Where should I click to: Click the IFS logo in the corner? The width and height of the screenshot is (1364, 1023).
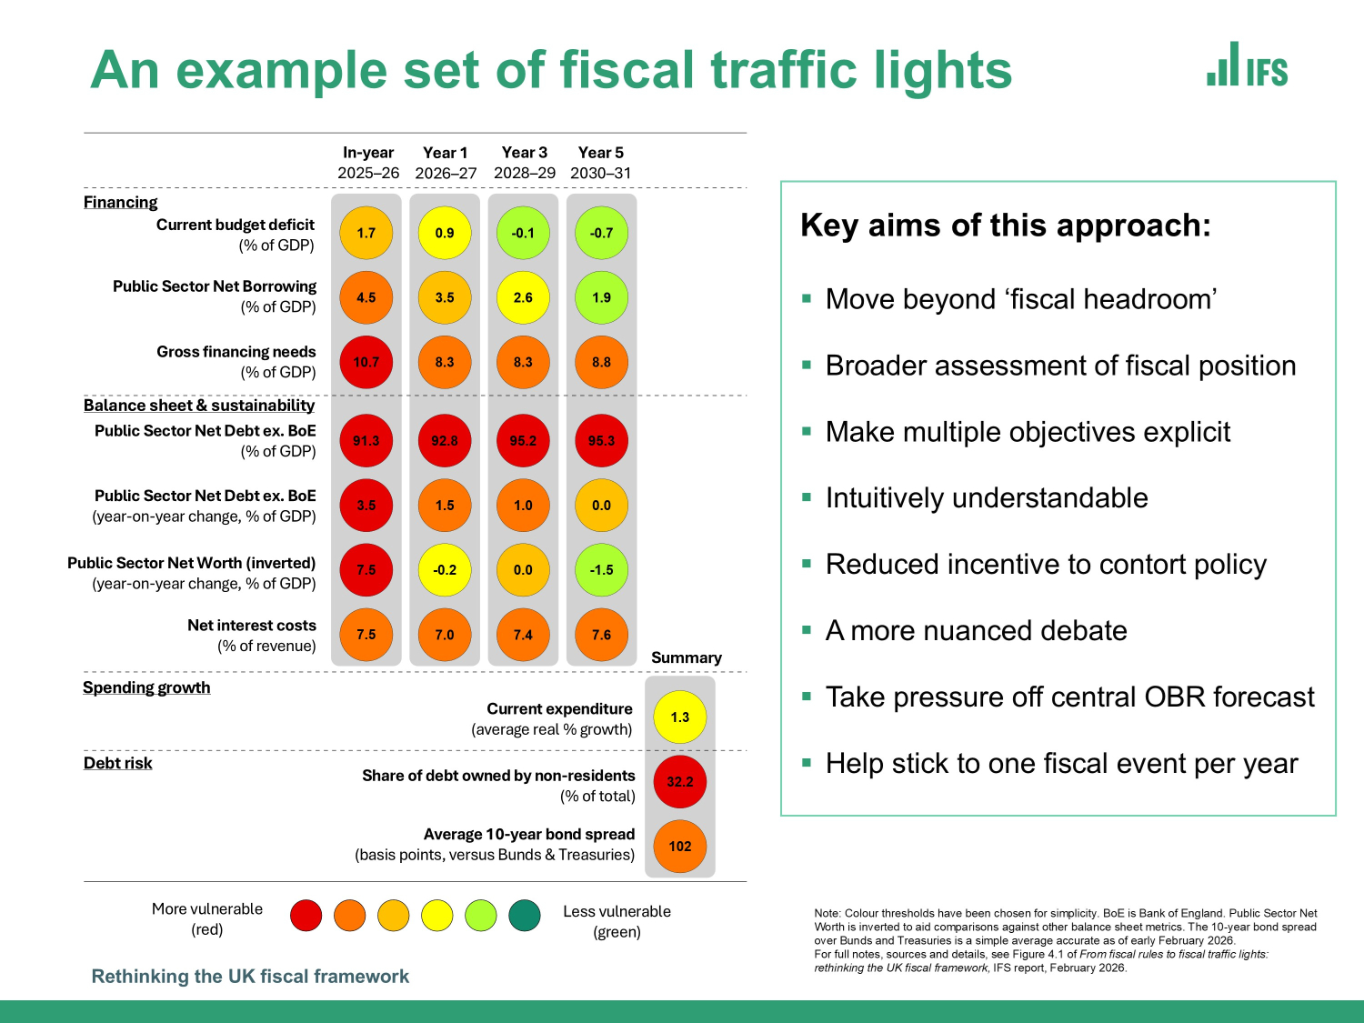coord(1248,65)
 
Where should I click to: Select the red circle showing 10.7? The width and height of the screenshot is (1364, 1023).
coord(366,362)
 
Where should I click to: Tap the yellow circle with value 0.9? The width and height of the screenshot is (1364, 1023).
coord(445,233)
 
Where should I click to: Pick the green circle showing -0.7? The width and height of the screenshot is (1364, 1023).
coord(601,233)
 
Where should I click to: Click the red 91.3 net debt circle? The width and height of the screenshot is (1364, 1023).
coord(366,441)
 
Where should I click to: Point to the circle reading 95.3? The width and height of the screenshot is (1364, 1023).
coord(601,441)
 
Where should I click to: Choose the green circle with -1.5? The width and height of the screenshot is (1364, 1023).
coord(601,570)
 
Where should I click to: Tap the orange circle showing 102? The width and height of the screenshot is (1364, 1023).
coord(680,846)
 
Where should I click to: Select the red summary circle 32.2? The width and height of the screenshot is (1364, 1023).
coord(680,781)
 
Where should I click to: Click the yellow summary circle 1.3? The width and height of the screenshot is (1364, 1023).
coord(680,717)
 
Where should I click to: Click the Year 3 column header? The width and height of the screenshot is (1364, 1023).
coord(525,162)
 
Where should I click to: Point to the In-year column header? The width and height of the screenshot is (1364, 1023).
coord(368,162)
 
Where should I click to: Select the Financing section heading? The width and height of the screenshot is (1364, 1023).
coord(121,202)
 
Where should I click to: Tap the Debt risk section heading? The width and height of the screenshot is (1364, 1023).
coord(118,763)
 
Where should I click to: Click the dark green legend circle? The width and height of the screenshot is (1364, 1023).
coord(525,916)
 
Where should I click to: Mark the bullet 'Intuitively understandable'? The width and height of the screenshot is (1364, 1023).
coord(987,498)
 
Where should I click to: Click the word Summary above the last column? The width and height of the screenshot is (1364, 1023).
coord(687,657)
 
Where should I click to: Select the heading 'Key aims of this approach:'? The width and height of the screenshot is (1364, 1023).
coord(1006,226)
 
